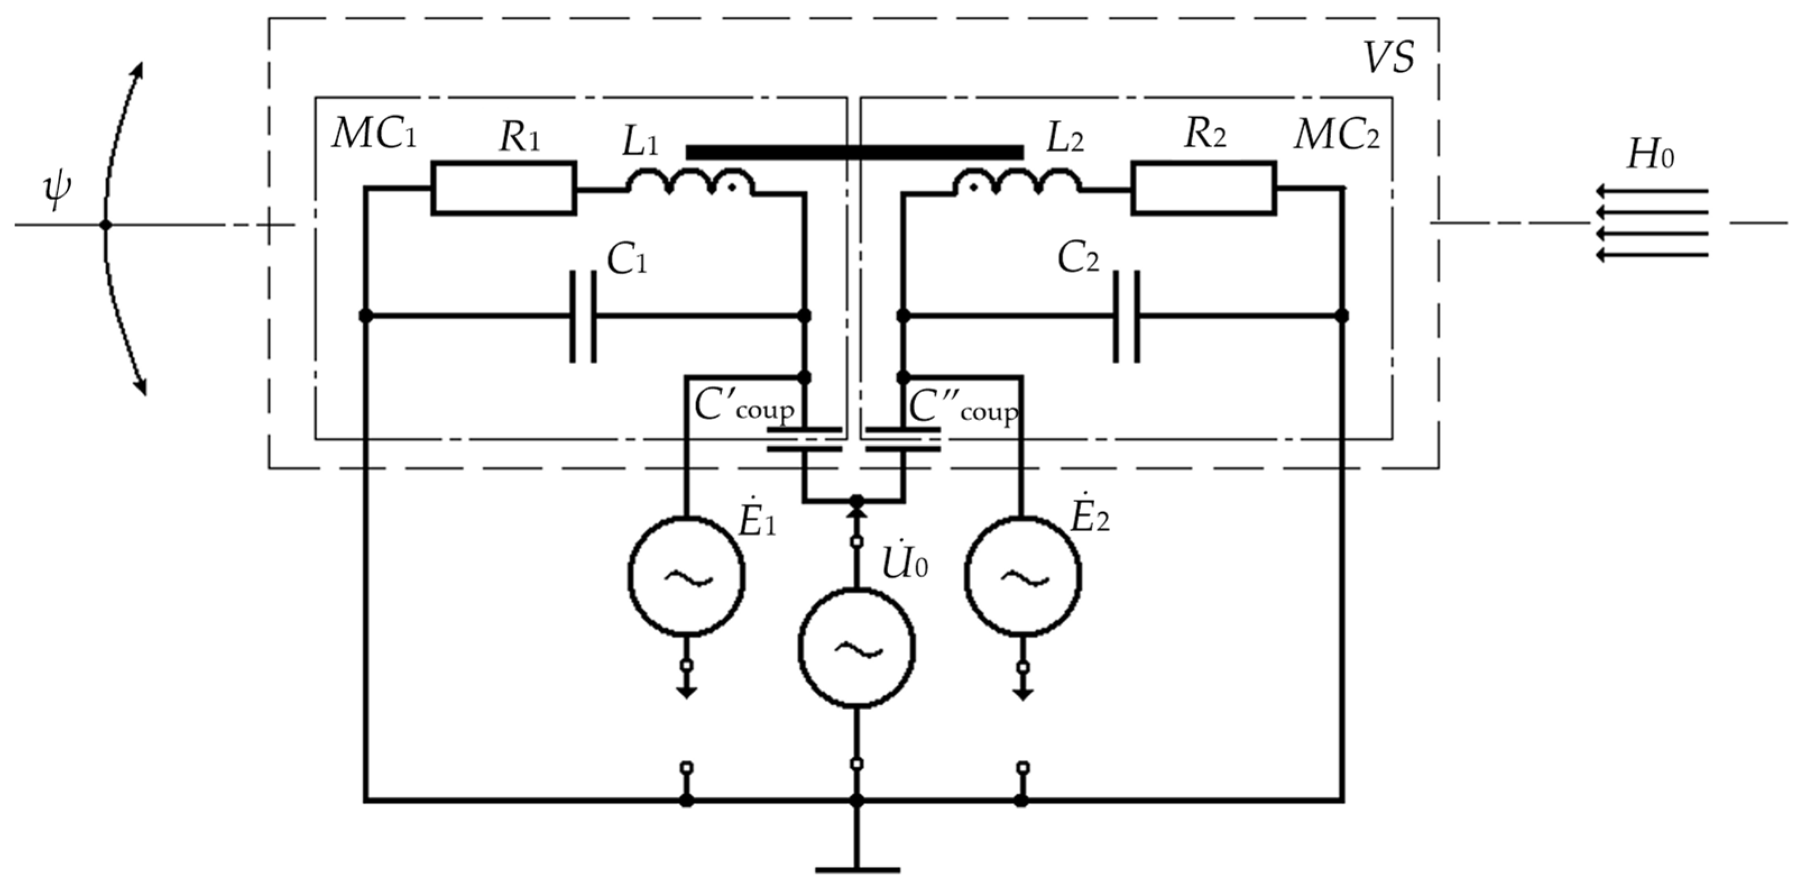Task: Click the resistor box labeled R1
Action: [503, 187]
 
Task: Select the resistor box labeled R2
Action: [1203, 187]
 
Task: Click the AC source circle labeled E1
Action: [686, 577]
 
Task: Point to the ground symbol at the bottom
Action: [857, 870]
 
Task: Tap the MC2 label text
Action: [1336, 135]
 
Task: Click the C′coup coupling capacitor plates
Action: [804, 439]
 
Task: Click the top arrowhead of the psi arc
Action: [139, 68]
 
